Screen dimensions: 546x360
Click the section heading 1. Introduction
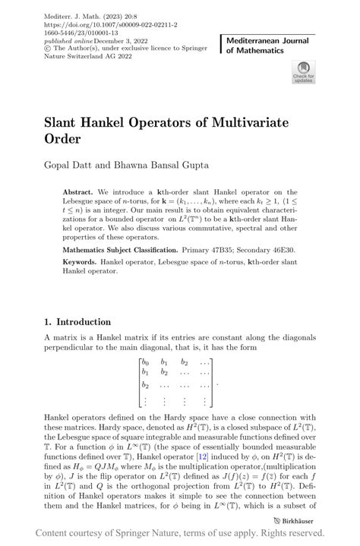tap(77, 322)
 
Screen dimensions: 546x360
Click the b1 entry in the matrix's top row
tap(163, 363)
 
